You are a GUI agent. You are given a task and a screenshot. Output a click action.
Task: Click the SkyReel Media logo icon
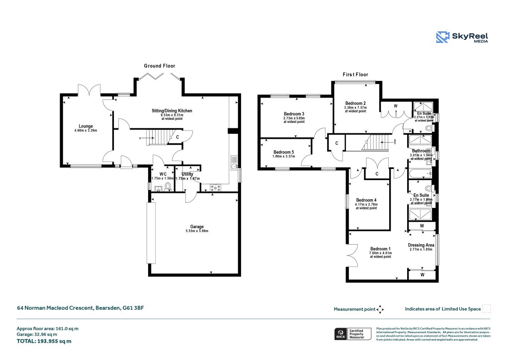tap(443, 38)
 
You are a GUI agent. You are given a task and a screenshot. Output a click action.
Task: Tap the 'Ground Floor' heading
tap(160, 66)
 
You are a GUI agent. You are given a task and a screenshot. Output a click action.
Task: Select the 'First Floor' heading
tap(355, 75)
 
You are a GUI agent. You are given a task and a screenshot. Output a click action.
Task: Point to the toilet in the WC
tap(168, 187)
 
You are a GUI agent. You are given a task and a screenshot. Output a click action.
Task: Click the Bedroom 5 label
tap(284, 152)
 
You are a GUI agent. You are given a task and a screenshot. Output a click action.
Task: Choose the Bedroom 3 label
tap(294, 114)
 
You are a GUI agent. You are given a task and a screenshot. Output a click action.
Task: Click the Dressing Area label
tap(421, 245)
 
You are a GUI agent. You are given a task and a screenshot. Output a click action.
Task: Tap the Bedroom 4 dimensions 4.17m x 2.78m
tap(366, 204)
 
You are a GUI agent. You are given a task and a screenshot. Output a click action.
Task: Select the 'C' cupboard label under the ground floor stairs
tap(177, 137)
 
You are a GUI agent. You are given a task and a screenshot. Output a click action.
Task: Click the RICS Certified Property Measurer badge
tap(352, 334)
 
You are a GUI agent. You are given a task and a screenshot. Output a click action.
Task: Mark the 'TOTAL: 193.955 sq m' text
tap(44, 341)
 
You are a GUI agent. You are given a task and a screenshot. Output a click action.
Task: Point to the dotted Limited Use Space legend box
tap(487, 309)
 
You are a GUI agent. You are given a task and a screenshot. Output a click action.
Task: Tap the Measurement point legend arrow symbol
tap(381, 309)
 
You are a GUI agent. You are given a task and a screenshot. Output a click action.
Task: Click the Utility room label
tap(187, 174)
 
